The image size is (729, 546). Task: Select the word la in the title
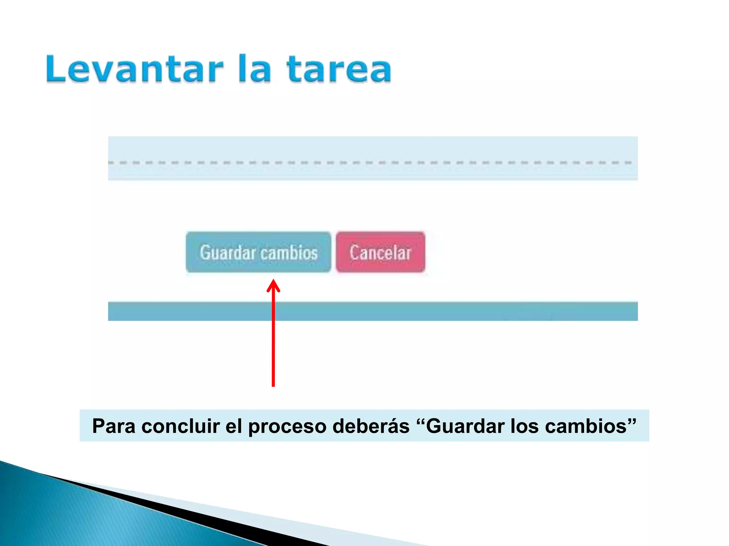coord(254,69)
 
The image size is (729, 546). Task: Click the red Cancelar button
coord(380,252)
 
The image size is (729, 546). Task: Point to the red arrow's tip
coord(273,281)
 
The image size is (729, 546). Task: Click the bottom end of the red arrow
coord(273,385)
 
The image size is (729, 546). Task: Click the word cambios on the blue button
coord(289,253)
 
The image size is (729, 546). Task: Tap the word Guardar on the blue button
coord(228,253)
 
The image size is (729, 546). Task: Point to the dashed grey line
coord(370,162)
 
